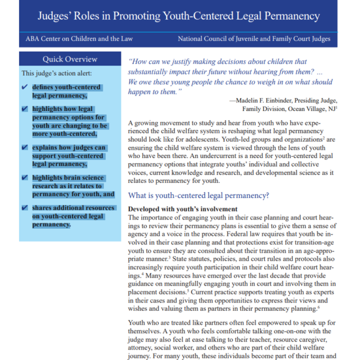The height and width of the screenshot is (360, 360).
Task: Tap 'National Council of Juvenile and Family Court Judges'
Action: point(254,39)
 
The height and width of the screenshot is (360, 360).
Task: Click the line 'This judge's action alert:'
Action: point(57,73)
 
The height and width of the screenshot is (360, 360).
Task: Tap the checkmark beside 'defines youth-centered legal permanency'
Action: point(24,87)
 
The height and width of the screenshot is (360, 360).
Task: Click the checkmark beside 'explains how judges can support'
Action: point(24,147)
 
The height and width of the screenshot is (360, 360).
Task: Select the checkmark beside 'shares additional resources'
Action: point(24,208)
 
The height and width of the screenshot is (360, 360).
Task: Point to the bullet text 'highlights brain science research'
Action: point(67,178)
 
